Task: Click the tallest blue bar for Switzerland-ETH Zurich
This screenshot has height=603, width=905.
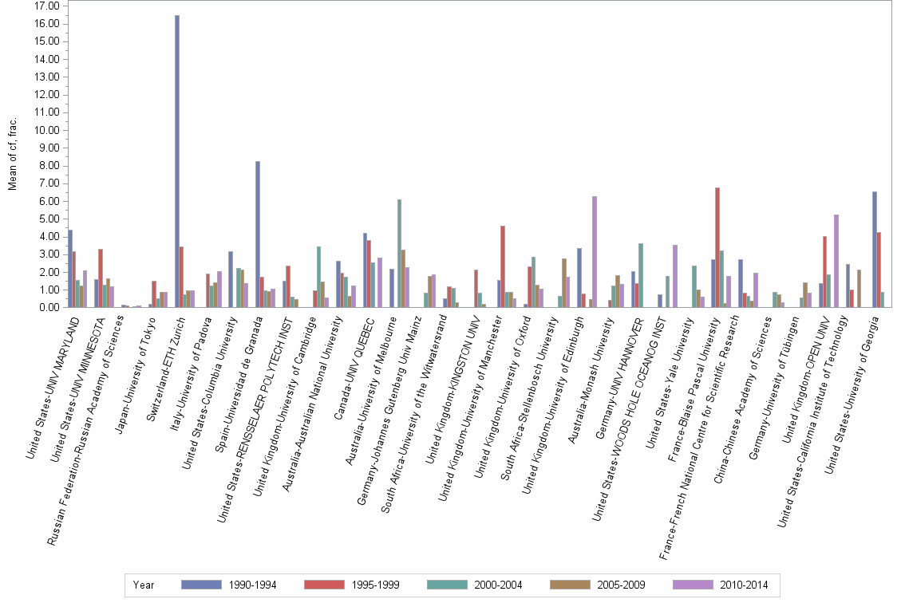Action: coord(177,160)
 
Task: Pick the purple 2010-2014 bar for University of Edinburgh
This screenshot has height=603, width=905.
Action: coord(595,251)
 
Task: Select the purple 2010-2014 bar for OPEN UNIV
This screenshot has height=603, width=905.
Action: coord(836,260)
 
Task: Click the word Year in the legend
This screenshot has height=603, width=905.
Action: coord(144,585)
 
